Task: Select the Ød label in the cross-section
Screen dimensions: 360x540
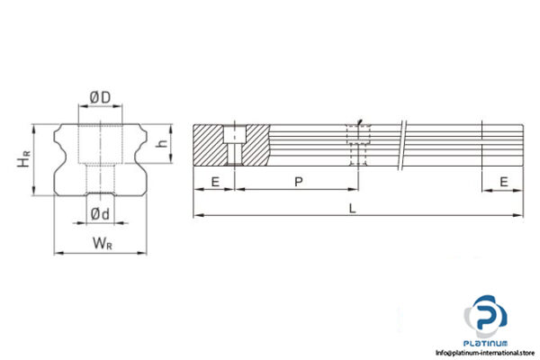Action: point(100,212)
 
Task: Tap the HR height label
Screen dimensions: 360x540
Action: point(27,158)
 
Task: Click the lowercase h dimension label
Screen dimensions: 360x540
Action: point(161,143)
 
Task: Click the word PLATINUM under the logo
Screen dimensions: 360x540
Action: point(487,343)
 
